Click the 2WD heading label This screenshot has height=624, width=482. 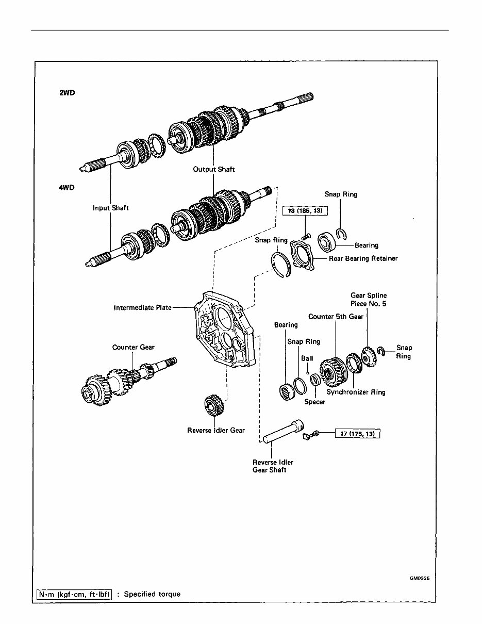click(x=67, y=94)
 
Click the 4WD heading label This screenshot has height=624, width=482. click(x=67, y=188)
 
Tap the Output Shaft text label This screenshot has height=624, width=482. click(x=213, y=169)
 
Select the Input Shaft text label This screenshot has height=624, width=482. click(x=110, y=208)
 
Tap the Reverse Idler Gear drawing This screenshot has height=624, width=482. click(x=212, y=405)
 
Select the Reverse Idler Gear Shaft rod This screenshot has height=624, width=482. click(x=281, y=433)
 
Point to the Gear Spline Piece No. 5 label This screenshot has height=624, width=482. click(x=368, y=300)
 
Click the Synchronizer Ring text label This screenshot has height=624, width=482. click(x=356, y=392)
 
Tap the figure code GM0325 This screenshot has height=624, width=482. click(x=420, y=578)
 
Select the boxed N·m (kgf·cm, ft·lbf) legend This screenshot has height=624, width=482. click(x=74, y=594)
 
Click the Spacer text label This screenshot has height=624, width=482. click(x=314, y=402)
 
